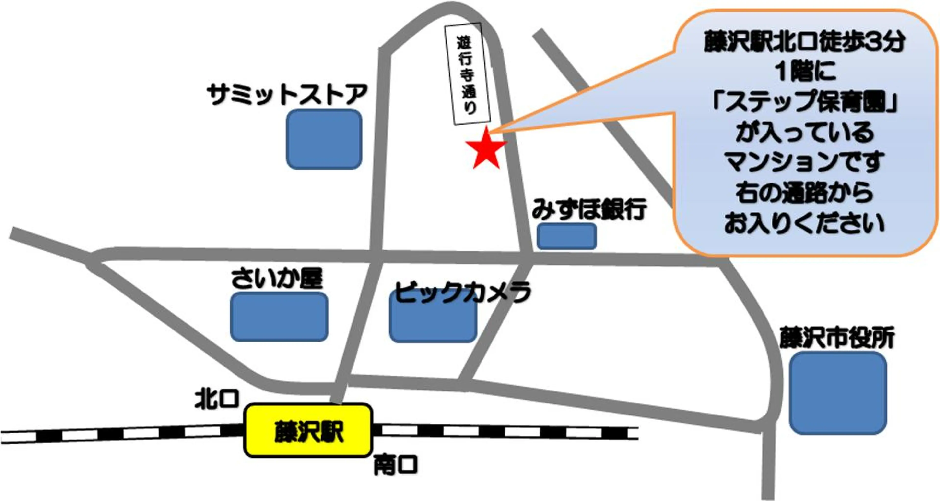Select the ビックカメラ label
pyautogui.click(x=462, y=292)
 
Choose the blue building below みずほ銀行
pyautogui.click(x=567, y=236)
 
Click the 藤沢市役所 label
pyautogui.click(x=837, y=338)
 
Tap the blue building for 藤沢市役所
pyautogui.click(x=838, y=393)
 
